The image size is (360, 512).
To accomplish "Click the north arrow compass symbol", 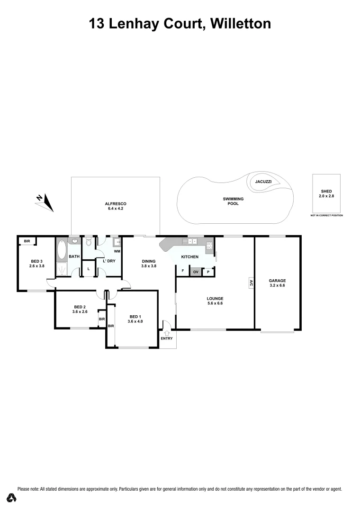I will click(46, 202).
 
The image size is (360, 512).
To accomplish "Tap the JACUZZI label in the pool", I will click(263, 182).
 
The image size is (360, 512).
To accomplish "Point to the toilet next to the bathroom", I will click(88, 243).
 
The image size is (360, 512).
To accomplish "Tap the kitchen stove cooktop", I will click(209, 246).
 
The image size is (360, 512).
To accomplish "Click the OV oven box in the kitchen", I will click(195, 272).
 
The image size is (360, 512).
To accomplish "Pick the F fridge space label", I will click(182, 271).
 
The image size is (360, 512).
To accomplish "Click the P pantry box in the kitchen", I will click(208, 272).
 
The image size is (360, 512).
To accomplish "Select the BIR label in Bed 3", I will click(27, 241).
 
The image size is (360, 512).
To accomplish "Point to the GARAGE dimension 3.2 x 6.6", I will click(277, 286).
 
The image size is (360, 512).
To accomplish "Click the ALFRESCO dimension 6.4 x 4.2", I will click(116, 209).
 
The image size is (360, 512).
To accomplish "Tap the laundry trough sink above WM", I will click(116, 242).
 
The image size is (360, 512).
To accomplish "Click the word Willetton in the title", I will click(241, 23).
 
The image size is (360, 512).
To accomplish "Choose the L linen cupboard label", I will click(88, 269).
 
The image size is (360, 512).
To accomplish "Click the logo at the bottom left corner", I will click(11, 498).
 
